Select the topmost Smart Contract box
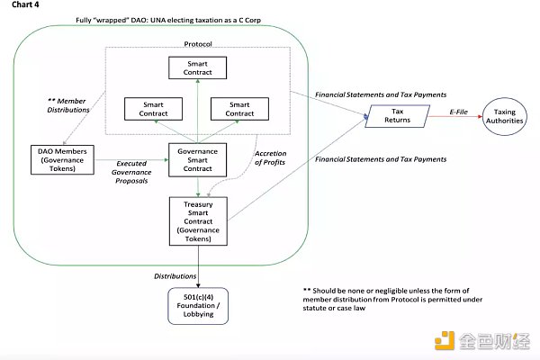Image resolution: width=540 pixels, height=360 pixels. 197,67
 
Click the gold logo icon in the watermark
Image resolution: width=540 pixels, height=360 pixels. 442,340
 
